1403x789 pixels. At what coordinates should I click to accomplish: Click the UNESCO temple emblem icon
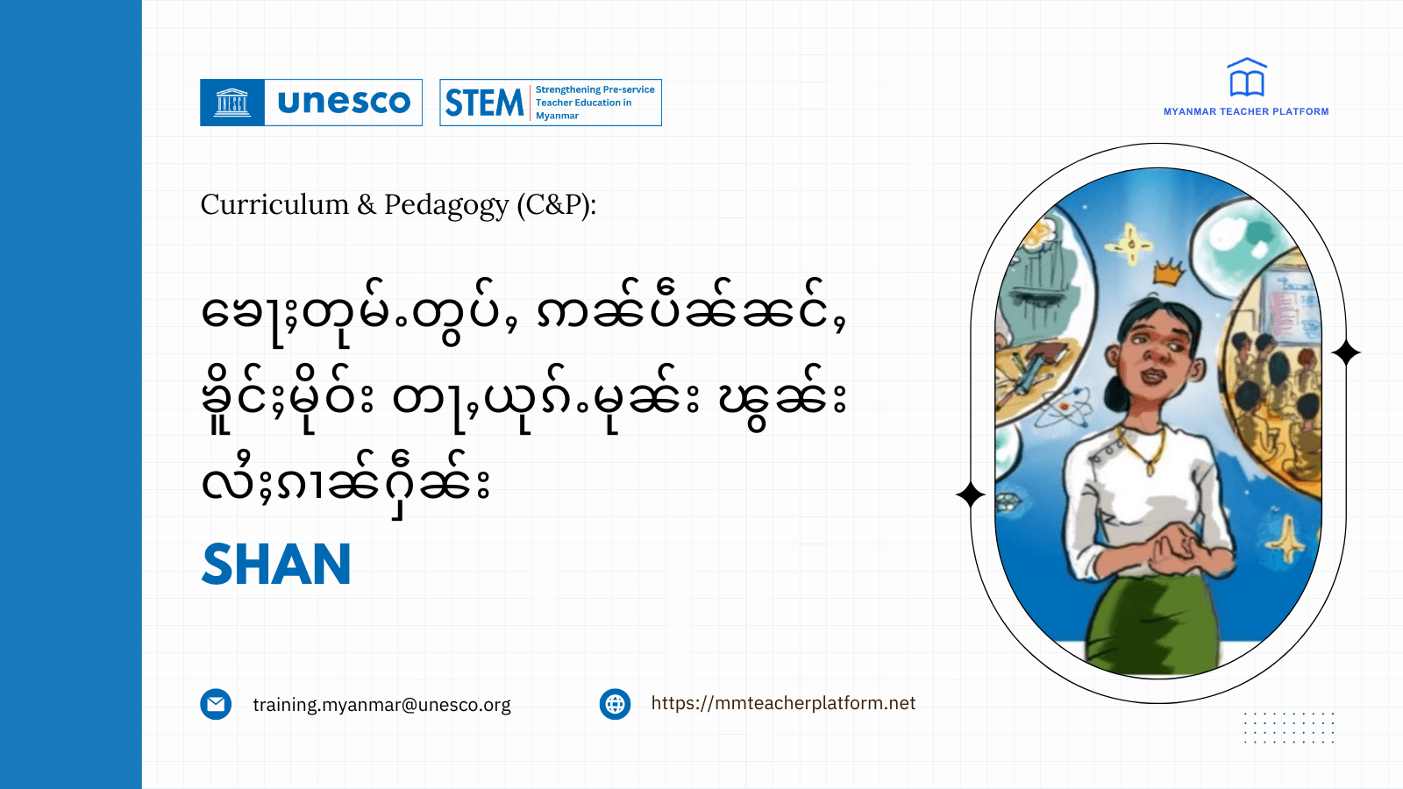pos(232,103)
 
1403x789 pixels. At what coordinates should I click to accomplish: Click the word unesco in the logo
pos(344,103)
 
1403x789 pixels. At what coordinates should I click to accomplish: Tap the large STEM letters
pos(484,103)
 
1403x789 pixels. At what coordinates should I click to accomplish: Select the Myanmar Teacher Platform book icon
pos(1246,78)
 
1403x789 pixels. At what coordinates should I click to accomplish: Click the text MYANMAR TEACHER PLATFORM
pos(1246,112)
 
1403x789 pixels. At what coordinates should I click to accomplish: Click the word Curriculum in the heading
pos(274,204)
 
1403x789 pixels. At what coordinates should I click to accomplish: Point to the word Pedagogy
pos(446,205)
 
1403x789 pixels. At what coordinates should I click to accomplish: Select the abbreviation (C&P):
pos(556,204)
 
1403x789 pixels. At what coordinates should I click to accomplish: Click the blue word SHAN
pos(276,565)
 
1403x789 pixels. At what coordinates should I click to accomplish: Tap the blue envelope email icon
pos(216,704)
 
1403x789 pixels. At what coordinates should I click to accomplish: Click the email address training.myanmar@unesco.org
pos(381,705)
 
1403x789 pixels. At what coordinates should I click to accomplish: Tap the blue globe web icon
pos(615,704)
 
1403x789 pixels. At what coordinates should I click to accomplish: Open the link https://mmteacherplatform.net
pos(783,703)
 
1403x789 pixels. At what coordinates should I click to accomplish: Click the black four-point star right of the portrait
pos(1346,352)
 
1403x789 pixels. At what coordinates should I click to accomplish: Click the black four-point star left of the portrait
pos(971,495)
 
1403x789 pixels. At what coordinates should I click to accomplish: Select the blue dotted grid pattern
pos(1289,728)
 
